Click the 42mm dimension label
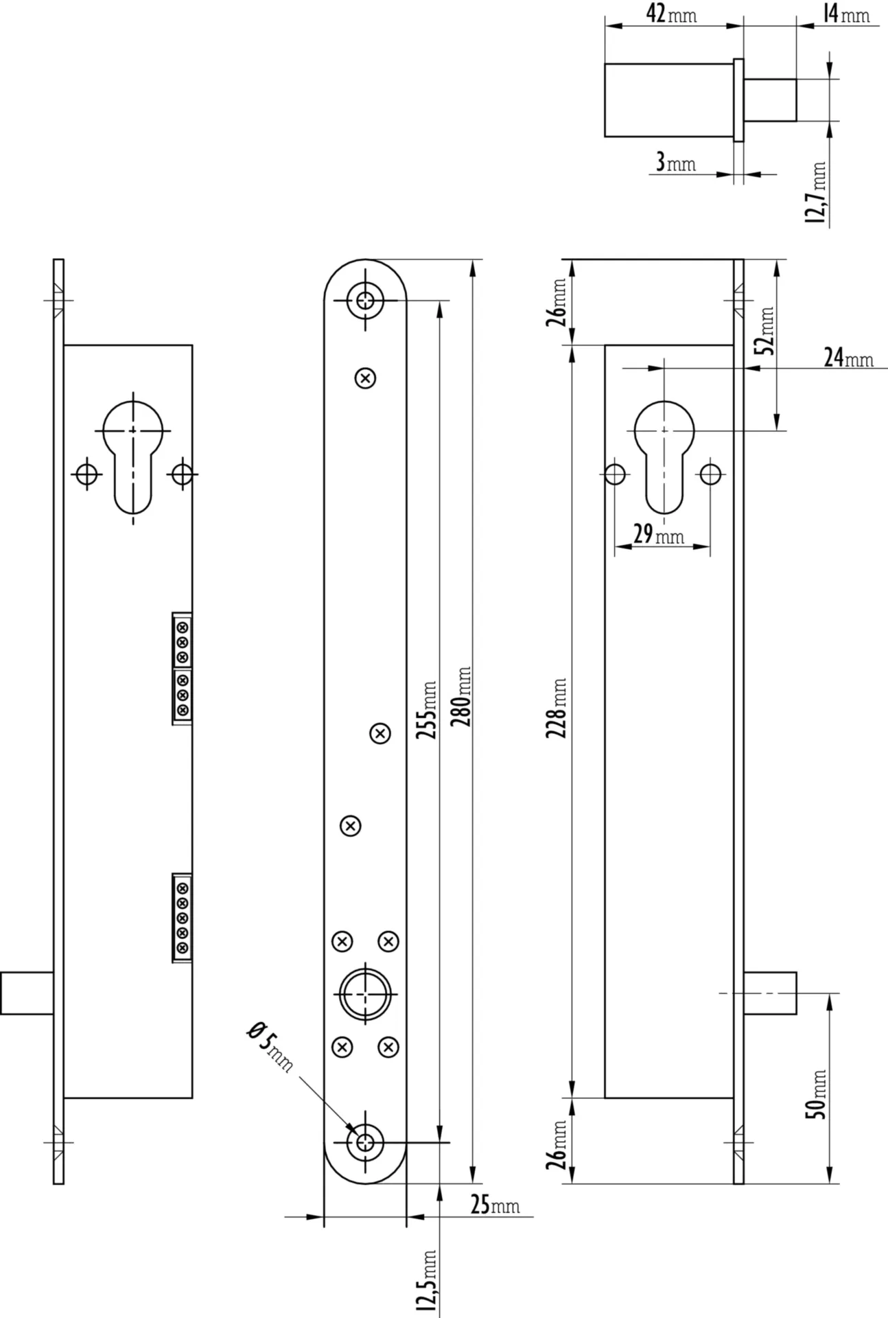pyautogui.click(x=671, y=13)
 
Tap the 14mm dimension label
pyautogui.click(x=846, y=13)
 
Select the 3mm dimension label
pyautogui.click(x=675, y=163)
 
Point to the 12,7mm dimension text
pyautogui.click(x=817, y=193)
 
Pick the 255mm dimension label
pyautogui.click(x=427, y=710)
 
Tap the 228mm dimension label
pyautogui.click(x=557, y=708)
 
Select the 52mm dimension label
pyautogui.click(x=766, y=330)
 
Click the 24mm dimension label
pyautogui.click(x=848, y=358)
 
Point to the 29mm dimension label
pyautogui.click(x=658, y=535)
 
